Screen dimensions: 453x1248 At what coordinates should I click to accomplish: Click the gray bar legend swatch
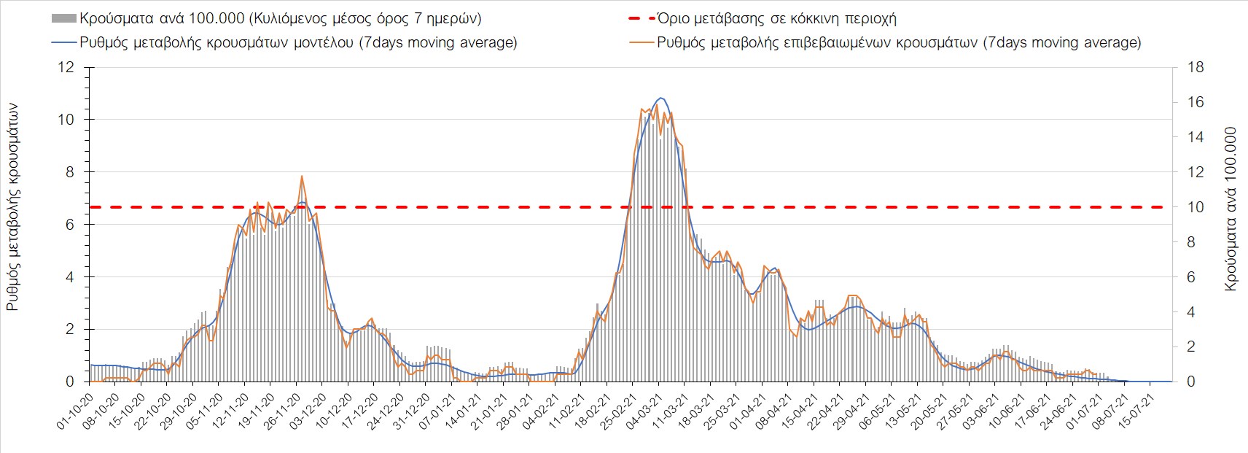pyautogui.click(x=63, y=18)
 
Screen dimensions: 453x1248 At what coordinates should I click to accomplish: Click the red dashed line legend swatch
pyautogui.click(x=641, y=18)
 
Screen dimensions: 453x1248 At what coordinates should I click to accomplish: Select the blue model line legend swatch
pyautogui.click(x=63, y=42)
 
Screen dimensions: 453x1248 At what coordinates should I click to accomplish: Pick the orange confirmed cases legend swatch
pyautogui.click(x=641, y=42)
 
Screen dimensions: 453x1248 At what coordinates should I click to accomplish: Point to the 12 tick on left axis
pyautogui.click(x=66, y=67)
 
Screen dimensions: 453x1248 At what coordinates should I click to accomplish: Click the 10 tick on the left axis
pyautogui.click(x=66, y=120)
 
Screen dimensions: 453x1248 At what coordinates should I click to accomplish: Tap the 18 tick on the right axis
pyautogui.click(x=1195, y=67)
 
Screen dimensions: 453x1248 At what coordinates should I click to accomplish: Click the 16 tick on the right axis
pyautogui.click(x=1195, y=102)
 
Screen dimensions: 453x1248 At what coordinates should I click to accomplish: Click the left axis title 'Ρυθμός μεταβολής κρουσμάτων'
pyautogui.click(x=12, y=207)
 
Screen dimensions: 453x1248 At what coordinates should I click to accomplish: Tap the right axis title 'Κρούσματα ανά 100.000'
pyautogui.click(x=1231, y=210)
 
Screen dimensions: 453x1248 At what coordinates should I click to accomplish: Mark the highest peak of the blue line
pyautogui.click(x=660, y=98)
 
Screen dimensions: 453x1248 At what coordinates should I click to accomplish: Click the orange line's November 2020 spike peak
pyautogui.click(x=302, y=176)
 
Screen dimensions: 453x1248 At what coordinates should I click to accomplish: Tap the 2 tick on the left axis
pyautogui.click(x=70, y=329)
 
